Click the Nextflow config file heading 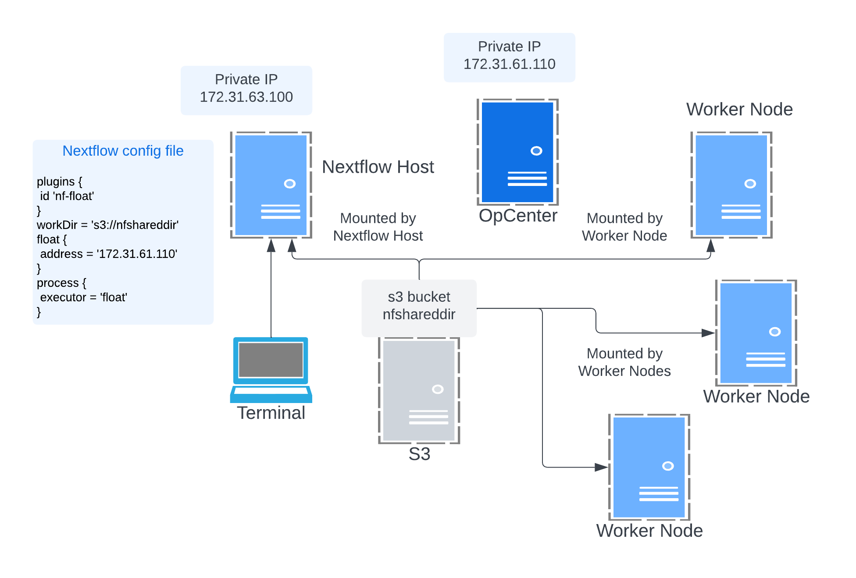[123, 151]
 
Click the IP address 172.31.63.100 [246, 97]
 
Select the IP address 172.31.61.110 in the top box [509, 64]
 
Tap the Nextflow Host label [378, 167]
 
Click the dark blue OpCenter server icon [517, 152]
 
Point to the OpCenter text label [517, 216]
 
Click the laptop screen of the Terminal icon [271, 360]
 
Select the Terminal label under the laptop [271, 413]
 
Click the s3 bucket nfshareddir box [419, 306]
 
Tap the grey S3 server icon [419, 390]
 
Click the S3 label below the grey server [419, 454]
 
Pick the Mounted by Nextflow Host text [378, 227]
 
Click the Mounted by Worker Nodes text [624, 363]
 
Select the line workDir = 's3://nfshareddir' [107, 225]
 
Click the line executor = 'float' [83, 297]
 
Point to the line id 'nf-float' [67, 196]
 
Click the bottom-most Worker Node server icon [649, 467]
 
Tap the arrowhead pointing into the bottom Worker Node [601, 467]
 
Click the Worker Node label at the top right [739, 110]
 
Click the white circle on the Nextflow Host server [289, 184]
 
